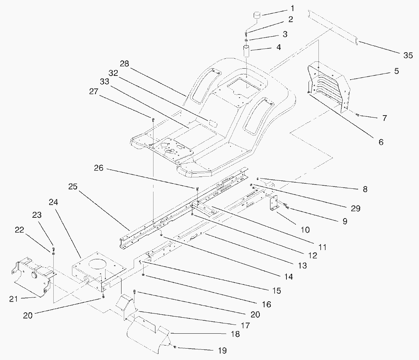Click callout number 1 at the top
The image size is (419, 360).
pos(282,8)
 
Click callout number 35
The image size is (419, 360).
pos(408,56)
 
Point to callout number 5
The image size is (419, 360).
pos(397,71)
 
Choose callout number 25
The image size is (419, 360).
pos(73,187)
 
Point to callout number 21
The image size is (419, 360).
pos(14,299)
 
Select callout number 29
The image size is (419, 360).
pos(355,208)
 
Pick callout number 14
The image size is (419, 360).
pos(288,277)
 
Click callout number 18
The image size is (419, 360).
pos(235,334)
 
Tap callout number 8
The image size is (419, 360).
pos(365,189)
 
